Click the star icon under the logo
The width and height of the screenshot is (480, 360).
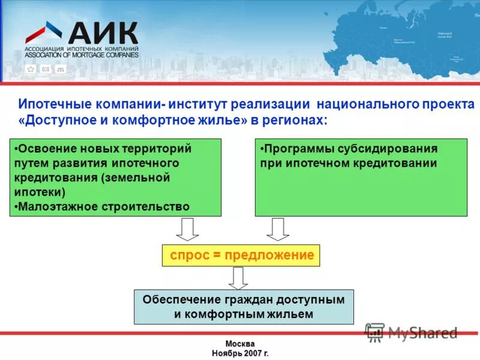click(x=31, y=69)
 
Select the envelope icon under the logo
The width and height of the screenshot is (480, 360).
click(x=45, y=69)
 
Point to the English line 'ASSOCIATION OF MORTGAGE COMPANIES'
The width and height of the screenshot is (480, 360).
click(x=82, y=55)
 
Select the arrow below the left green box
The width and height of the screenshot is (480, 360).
click(x=188, y=229)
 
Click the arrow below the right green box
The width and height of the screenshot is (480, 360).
click(x=278, y=229)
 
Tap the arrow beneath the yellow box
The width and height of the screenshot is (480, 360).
click(x=238, y=278)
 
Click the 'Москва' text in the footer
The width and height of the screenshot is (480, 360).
click(x=240, y=344)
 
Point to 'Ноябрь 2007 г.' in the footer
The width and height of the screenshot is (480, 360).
click(x=240, y=353)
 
